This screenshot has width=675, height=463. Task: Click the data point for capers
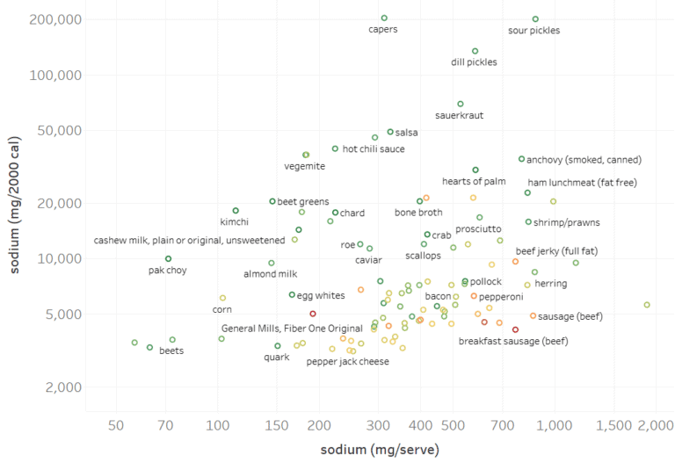tap(384, 18)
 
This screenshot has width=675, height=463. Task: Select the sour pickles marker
tap(535, 18)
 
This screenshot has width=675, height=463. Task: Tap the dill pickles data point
tap(475, 51)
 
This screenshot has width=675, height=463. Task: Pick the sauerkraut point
tap(460, 104)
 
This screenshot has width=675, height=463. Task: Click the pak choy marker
tap(168, 258)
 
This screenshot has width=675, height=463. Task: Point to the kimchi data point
tap(236, 211)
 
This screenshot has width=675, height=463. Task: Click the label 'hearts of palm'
tap(474, 181)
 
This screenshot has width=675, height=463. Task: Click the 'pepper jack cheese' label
tap(348, 361)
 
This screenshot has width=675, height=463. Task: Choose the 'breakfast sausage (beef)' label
tap(513, 340)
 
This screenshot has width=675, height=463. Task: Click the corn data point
tap(222, 298)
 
